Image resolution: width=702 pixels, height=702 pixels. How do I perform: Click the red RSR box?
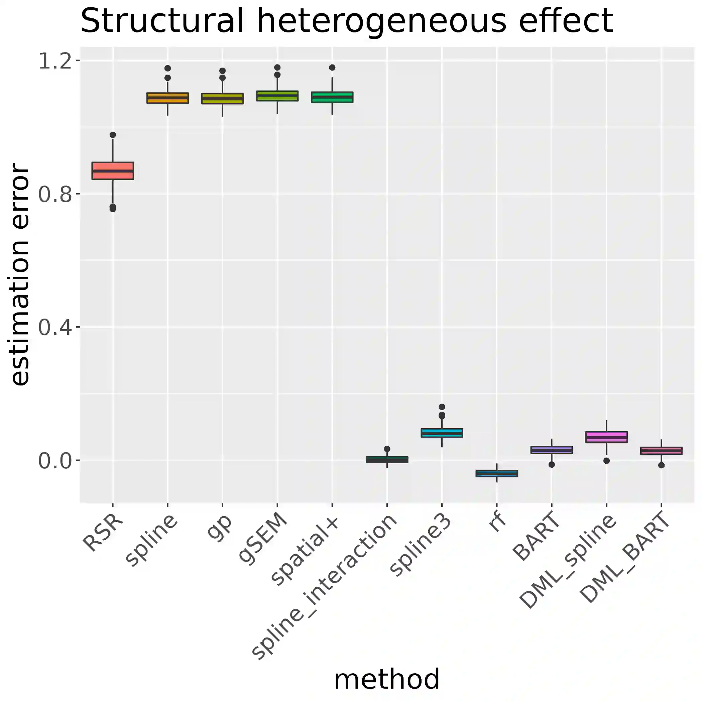[113, 170]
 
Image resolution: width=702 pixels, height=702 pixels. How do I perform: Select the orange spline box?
[167, 98]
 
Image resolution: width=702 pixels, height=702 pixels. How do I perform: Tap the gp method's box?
[222, 99]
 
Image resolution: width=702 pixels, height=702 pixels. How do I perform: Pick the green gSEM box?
[277, 96]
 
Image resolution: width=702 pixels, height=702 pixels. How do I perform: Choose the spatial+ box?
[332, 97]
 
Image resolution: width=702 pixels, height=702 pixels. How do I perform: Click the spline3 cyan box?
[442, 433]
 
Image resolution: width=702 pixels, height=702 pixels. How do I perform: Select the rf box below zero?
[497, 473]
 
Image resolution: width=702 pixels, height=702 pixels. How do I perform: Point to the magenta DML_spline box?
[606, 437]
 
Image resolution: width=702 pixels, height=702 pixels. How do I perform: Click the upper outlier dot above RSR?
[113, 135]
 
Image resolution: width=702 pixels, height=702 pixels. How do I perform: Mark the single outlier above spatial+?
[332, 68]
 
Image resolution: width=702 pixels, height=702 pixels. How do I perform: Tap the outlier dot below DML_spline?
[606, 461]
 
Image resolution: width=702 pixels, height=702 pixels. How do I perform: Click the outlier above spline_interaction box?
[387, 449]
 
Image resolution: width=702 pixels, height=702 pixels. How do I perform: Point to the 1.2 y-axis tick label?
[54, 61]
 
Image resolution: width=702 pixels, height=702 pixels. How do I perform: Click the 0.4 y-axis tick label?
[54, 327]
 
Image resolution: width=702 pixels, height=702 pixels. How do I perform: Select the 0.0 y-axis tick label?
[54, 461]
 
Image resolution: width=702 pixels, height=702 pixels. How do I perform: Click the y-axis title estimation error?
[20, 274]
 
